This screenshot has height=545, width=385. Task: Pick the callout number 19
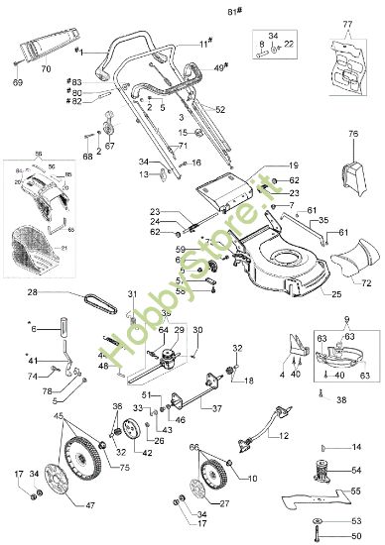click(x=293, y=164)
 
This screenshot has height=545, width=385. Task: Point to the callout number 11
click(x=203, y=44)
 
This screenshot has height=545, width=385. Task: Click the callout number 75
click(x=96, y=468)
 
